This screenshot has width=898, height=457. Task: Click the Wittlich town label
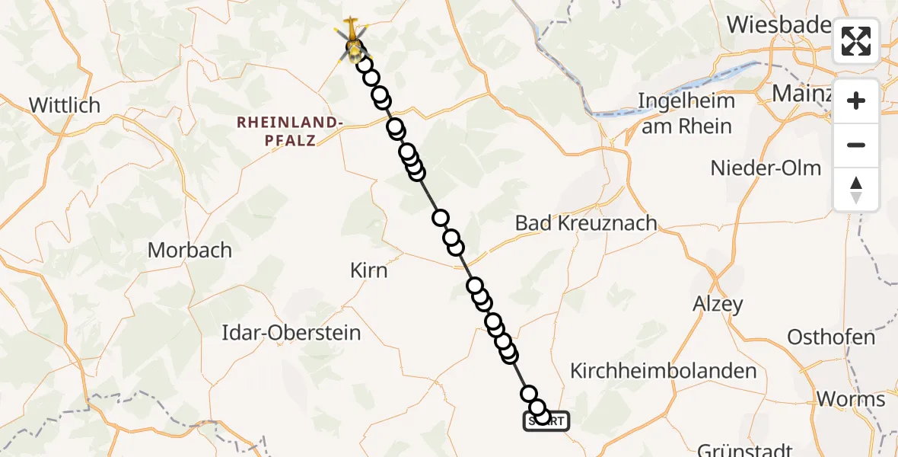[65, 105]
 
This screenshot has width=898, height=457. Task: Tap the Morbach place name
[189, 249]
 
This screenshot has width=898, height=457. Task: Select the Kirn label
[368, 270]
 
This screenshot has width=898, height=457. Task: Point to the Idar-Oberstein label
[291, 333]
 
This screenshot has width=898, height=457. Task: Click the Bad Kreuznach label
[585, 223]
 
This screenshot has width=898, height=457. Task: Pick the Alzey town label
[717, 304]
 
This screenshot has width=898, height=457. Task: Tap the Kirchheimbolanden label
[664, 371]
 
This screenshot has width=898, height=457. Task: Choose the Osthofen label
[831, 337]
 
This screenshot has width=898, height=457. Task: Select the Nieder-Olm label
[766, 168]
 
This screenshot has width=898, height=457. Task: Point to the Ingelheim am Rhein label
[686, 113]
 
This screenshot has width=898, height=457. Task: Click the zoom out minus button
[856, 145]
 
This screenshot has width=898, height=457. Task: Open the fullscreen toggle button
[856, 41]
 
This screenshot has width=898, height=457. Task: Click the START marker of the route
[546, 421]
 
